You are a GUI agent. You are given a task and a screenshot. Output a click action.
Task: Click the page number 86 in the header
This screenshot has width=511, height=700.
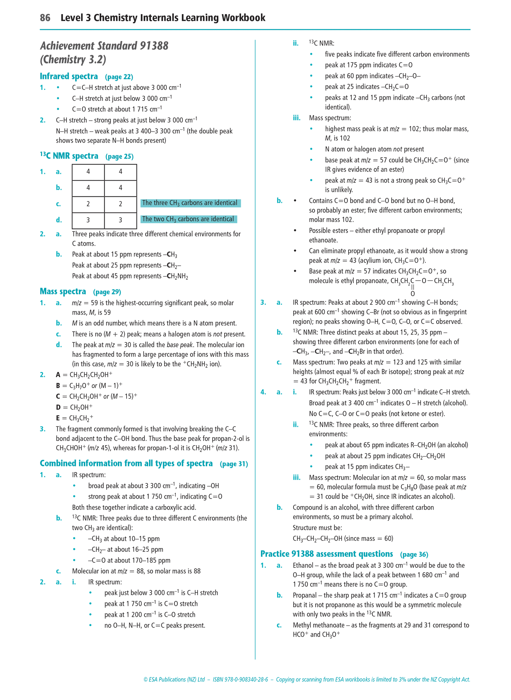click(x=45, y=18)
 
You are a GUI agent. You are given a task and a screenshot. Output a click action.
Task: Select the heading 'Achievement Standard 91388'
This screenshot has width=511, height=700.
click(x=104, y=46)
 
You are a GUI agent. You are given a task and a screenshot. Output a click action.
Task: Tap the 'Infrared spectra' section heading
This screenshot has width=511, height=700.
click(x=69, y=76)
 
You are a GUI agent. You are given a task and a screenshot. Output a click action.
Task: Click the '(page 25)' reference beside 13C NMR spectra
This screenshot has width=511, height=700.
click(x=119, y=156)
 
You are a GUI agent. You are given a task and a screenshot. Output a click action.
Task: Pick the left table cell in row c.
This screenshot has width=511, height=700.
click(x=88, y=204)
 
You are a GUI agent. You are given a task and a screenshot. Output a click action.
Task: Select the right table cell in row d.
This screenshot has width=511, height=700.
click(x=120, y=220)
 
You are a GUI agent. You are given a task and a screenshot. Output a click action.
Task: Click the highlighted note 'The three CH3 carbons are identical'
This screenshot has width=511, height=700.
click(x=190, y=203)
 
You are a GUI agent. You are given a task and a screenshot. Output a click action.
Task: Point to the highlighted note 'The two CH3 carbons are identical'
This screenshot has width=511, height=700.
click(x=188, y=219)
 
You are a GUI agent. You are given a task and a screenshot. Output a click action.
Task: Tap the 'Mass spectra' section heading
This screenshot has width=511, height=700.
click(x=63, y=292)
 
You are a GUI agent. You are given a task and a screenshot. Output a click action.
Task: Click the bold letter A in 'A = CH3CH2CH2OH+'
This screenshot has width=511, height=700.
click(x=58, y=375)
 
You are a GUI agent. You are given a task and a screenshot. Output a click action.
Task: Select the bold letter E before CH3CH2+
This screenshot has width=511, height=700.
click(x=58, y=418)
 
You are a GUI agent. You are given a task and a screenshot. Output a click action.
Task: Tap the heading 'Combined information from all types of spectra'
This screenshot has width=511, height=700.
click(x=126, y=464)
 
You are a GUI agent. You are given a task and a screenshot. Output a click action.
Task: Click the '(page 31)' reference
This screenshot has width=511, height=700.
click(x=234, y=464)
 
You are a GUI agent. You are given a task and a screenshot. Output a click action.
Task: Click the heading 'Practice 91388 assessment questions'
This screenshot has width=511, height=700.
click(x=326, y=554)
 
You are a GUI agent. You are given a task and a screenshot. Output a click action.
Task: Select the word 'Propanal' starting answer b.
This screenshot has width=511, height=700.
click(x=305, y=595)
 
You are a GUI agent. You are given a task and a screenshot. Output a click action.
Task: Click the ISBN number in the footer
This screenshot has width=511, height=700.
click(x=240, y=679)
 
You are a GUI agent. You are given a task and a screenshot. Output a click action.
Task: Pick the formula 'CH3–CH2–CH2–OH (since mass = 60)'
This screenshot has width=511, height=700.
click(x=343, y=539)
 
